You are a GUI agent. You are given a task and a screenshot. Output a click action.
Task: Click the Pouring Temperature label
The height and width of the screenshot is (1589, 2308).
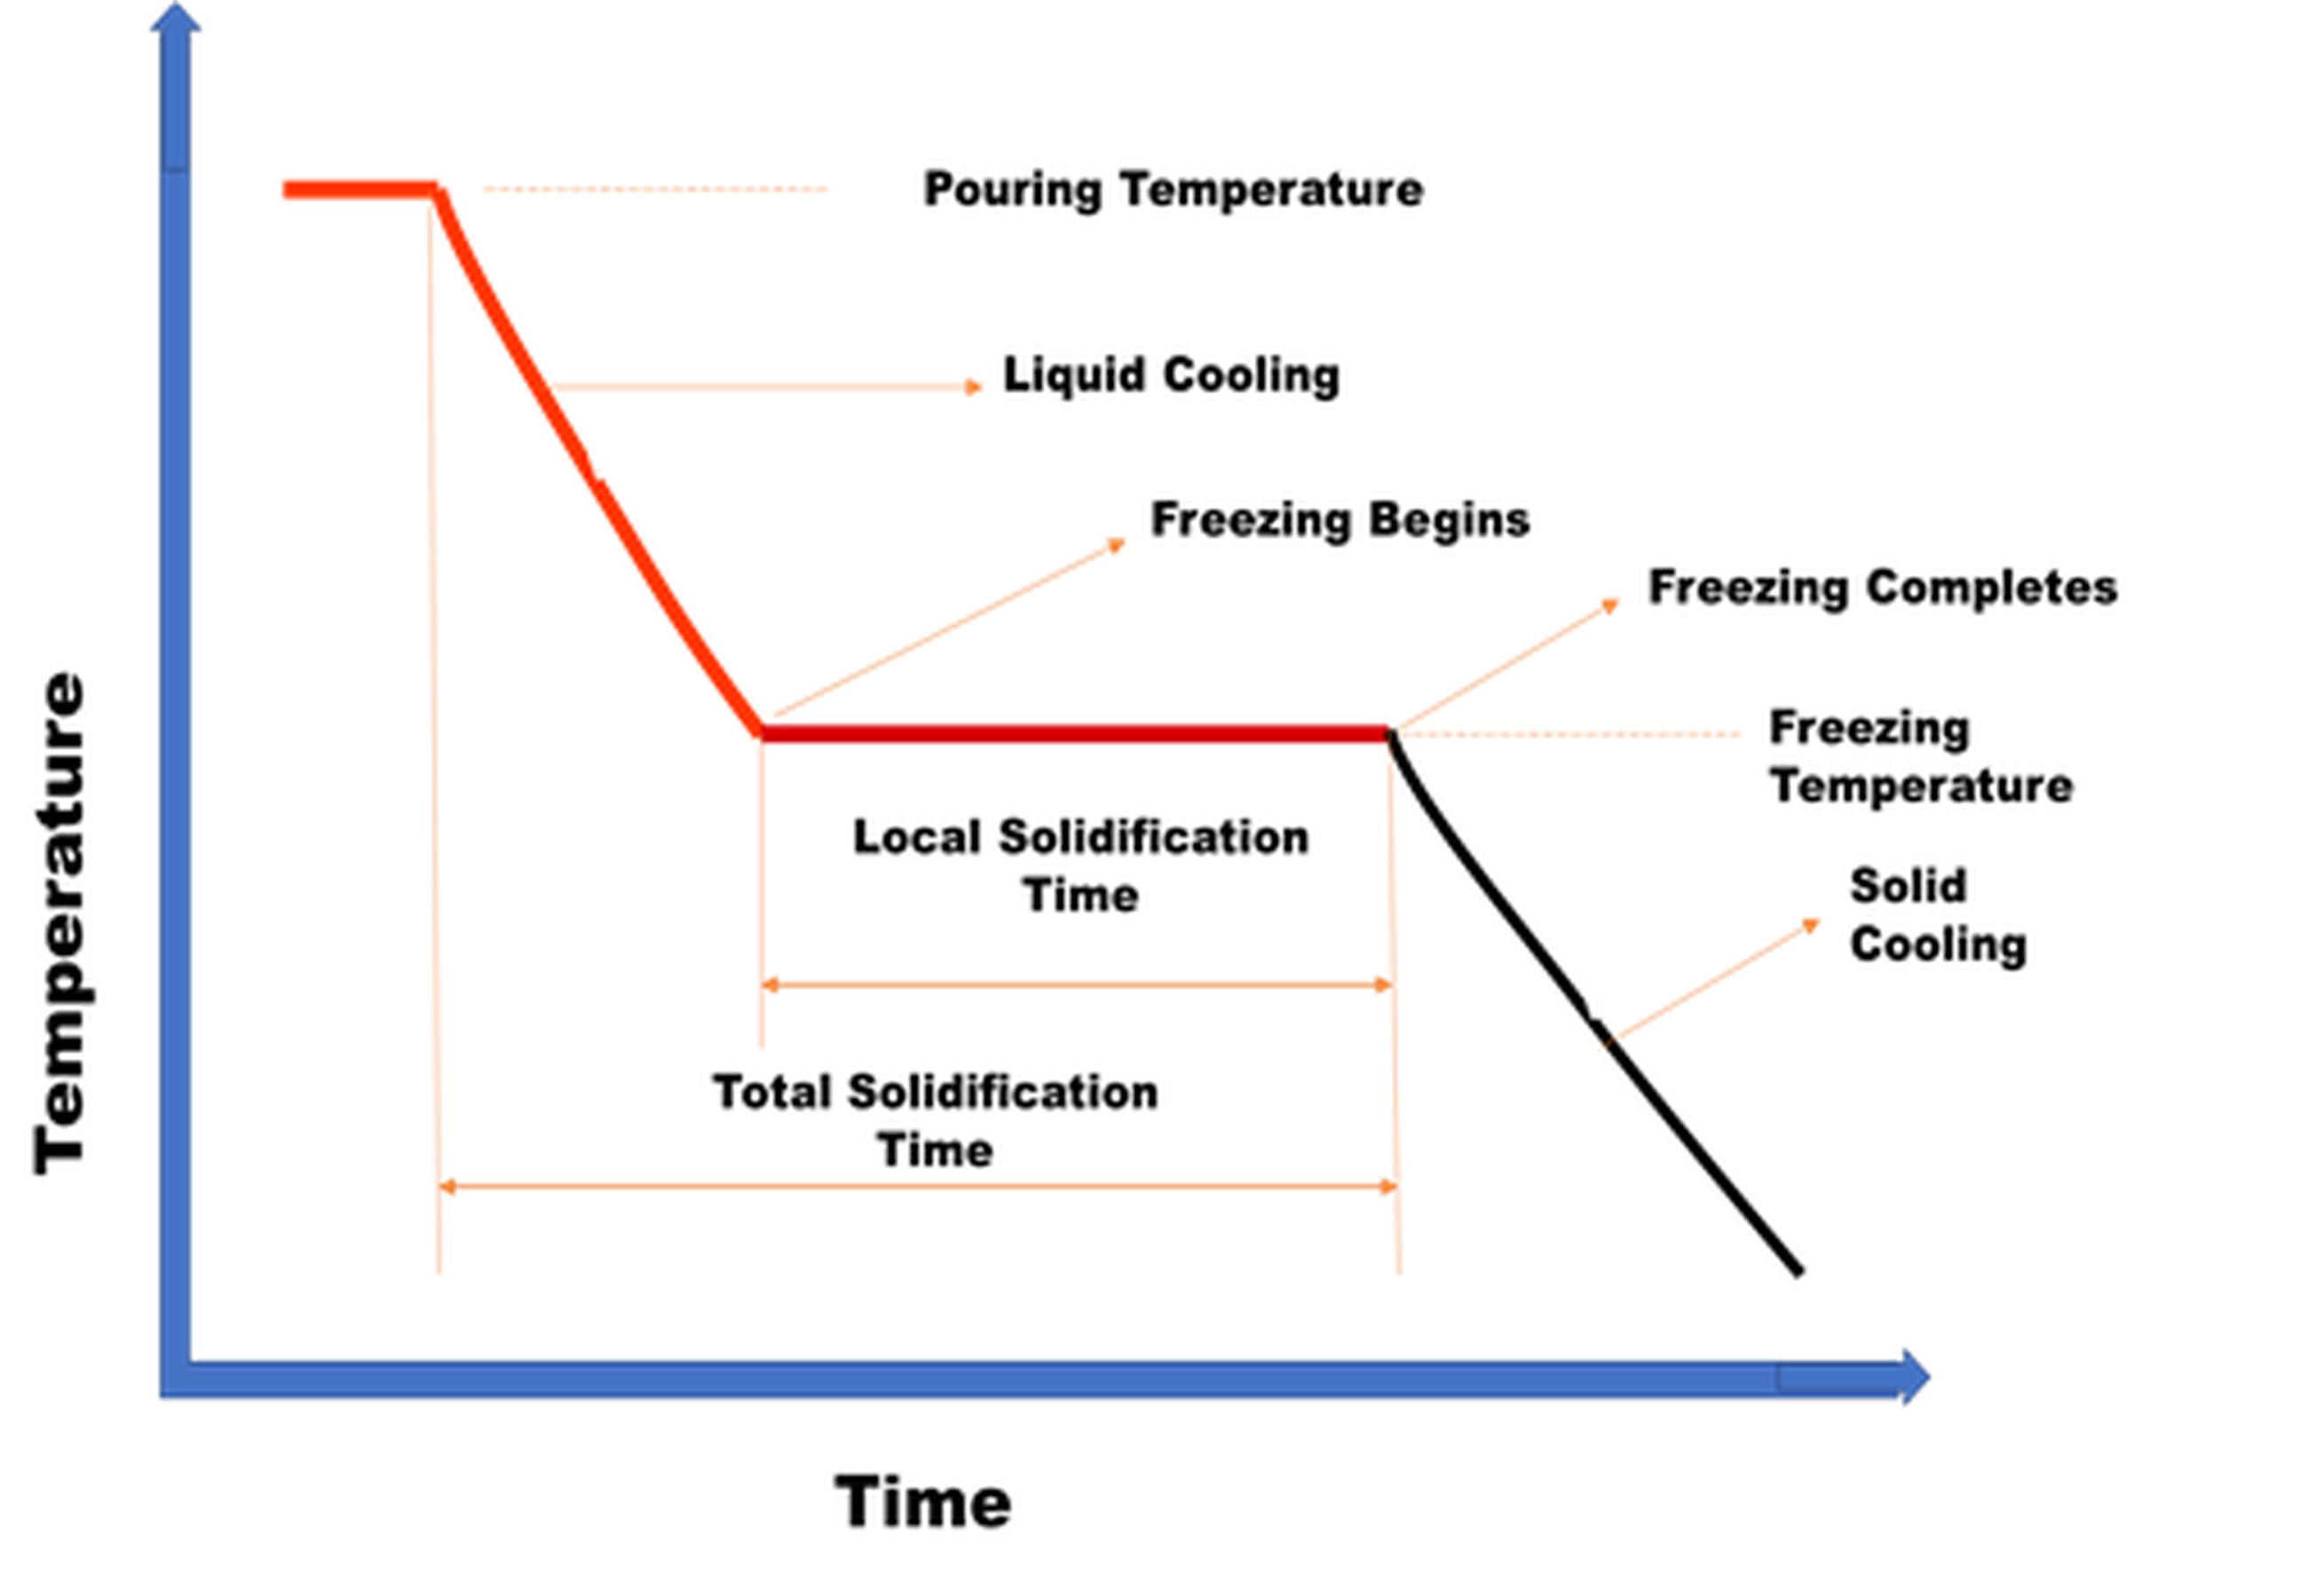(1173, 189)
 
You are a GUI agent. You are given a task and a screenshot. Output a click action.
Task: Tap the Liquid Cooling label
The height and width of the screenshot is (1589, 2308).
(1171, 376)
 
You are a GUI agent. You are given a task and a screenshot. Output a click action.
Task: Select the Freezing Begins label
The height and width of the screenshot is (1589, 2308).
(1340, 519)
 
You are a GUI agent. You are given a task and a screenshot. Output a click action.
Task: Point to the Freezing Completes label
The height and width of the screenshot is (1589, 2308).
(1882, 588)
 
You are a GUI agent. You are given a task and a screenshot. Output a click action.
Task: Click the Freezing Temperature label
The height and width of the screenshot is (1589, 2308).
(1920, 756)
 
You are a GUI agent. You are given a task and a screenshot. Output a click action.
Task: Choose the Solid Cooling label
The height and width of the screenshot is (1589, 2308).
(1937, 915)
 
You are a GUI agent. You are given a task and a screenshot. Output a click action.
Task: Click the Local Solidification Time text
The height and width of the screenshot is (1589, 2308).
(1080, 866)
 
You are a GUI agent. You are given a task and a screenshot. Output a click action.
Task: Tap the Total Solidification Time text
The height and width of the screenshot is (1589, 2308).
(935, 1120)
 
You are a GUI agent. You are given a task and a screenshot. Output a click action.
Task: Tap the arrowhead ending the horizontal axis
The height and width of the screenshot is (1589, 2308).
(1913, 1378)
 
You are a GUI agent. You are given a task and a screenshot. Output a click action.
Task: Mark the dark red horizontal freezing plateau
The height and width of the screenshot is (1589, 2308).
(1075, 735)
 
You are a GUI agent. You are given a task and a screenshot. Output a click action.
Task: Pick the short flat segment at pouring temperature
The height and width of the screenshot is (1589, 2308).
(360, 189)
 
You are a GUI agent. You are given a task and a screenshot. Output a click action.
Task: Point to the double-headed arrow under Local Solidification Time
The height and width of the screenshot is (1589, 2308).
(1075, 984)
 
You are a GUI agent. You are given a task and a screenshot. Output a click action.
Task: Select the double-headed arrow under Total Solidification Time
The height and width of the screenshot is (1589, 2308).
(917, 1186)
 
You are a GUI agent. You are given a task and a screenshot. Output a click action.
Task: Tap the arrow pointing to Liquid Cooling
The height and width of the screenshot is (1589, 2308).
(767, 386)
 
